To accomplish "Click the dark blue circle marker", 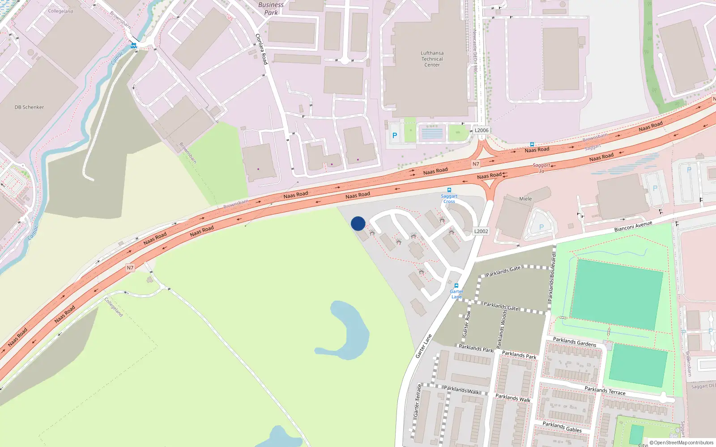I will [358, 223].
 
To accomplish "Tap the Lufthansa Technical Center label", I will [432, 59].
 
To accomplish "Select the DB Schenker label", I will [29, 107].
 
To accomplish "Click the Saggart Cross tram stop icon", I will [449, 190].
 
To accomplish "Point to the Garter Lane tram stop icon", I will [456, 286].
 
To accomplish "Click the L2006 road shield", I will [482, 131].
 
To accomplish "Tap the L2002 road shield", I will [481, 231].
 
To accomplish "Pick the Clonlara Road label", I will [261, 49].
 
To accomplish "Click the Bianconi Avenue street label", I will [633, 226].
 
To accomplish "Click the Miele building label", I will [525, 199].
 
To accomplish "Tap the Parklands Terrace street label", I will [605, 391].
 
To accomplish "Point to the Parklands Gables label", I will [562, 427].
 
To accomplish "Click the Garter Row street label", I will [466, 324].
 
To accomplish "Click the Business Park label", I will [271, 8].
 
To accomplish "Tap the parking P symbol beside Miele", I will [541, 227].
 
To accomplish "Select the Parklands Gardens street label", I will [575, 342].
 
